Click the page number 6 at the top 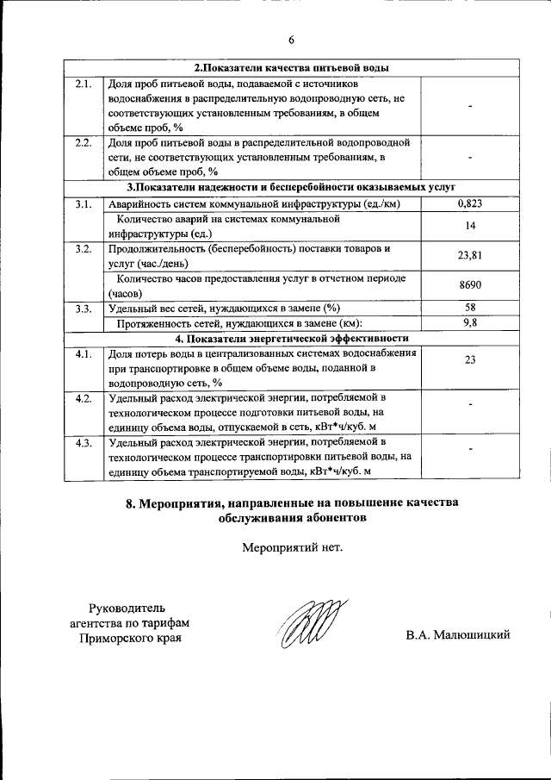[x=291, y=40]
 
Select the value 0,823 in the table [x=470, y=203]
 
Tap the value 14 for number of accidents [x=470, y=226]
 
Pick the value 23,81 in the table [x=470, y=256]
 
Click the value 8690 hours [x=470, y=286]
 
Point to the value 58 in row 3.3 [x=470, y=309]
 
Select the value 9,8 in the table [x=470, y=323]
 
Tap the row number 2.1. [x=84, y=84]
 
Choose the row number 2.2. [x=84, y=142]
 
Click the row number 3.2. [x=84, y=249]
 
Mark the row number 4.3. [x=84, y=443]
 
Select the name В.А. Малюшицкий [x=458, y=635]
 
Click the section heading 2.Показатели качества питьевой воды [x=291, y=68]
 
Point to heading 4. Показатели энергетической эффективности [x=291, y=338]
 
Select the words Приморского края [x=131, y=639]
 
